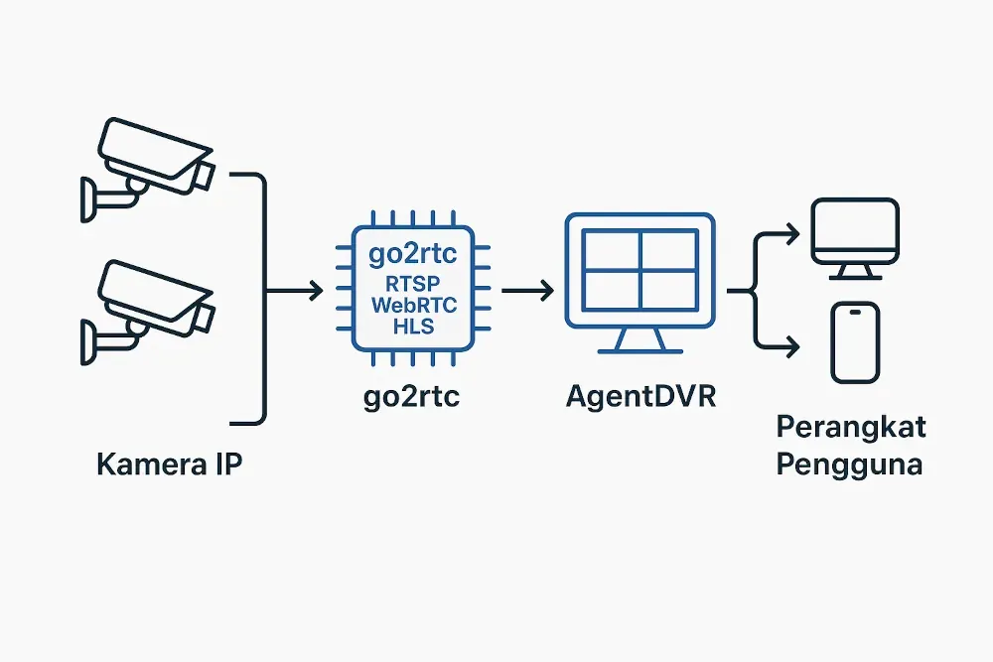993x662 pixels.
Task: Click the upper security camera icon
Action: [x=149, y=164]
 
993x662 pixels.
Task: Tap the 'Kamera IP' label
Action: [x=169, y=464]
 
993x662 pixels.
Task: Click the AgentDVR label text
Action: [x=639, y=397]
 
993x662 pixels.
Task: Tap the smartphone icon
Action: [x=855, y=343]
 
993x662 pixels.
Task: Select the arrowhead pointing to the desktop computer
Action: [x=791, y=234]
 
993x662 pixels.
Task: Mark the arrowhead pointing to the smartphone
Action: [x=791, y=346]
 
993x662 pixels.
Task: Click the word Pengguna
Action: [x=849, y=463]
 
